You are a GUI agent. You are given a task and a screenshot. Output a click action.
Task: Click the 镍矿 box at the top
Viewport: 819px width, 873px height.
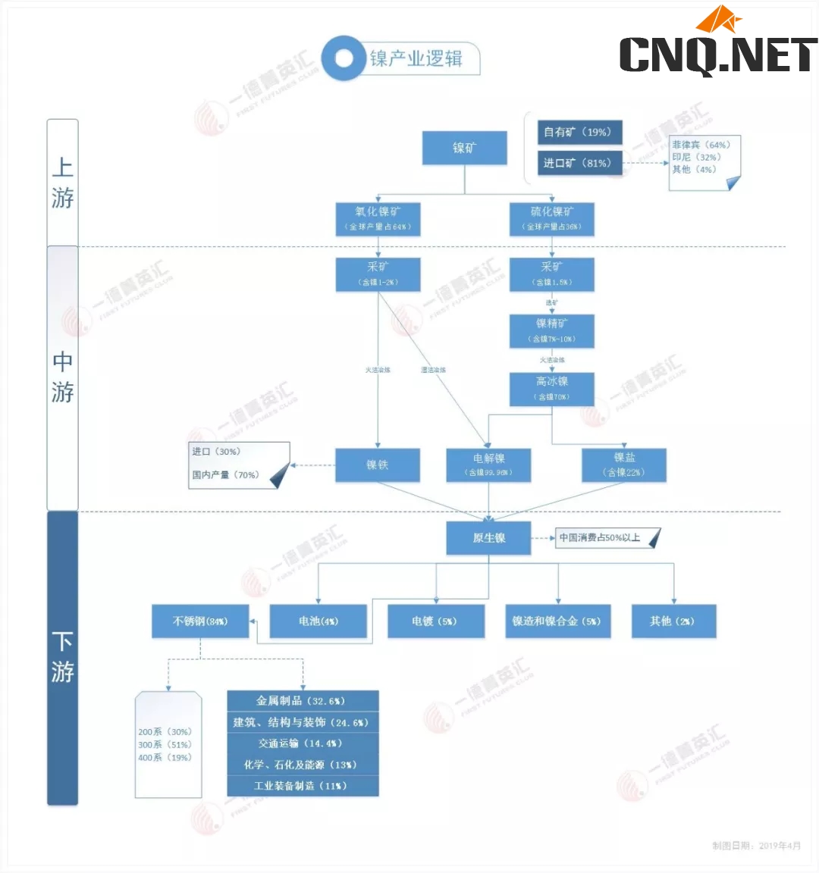tap(464, 148)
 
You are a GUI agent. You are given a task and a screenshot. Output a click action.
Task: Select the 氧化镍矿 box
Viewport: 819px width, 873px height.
tap(378, 218)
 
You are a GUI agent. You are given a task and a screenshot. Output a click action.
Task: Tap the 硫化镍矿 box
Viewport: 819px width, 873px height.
tap(551, 218)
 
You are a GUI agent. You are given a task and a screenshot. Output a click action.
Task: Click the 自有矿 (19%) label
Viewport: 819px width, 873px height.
tap(579, 132)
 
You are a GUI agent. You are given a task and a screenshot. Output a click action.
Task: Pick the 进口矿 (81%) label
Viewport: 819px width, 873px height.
tap(579, 163)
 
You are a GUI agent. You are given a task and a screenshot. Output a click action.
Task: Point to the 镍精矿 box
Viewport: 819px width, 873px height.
tap(551, 330)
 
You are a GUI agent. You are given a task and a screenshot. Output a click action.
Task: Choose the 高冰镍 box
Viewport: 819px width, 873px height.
tap(551, 388)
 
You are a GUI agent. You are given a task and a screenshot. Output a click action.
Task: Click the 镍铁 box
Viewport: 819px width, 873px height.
tap(378, 465)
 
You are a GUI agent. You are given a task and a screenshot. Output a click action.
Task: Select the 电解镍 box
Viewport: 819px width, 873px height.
tap(488, 465)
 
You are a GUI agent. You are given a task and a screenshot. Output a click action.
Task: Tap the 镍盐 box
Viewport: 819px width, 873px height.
tap(624, 465)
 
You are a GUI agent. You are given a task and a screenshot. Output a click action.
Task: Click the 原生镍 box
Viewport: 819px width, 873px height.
tap(488, 538)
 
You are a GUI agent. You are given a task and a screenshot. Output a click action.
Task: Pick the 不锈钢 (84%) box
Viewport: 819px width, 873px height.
tap(200, 621)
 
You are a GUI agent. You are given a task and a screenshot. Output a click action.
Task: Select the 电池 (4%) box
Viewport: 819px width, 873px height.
tap(318, 621)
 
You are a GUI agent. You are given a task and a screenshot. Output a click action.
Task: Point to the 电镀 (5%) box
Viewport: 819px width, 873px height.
tap(435, 621)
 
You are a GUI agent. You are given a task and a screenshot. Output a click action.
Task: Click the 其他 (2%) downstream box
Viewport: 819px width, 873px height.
tap(673, 621)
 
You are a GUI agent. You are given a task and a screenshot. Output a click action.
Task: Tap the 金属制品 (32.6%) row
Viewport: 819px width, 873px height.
tap(303, 701)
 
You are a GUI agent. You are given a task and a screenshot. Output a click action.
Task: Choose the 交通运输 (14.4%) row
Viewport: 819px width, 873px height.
tap(303, 743)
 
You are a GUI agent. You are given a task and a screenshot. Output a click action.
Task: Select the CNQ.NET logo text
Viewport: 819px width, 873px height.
tap(717, 55)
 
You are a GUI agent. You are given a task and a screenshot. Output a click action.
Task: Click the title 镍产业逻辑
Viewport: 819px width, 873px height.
tap(416, 59)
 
